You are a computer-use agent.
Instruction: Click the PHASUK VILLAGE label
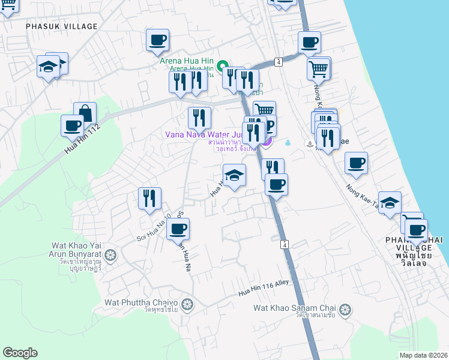(61, 26)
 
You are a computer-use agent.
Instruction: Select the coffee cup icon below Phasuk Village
(158, 40)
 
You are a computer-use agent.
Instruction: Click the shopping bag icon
(85, 113)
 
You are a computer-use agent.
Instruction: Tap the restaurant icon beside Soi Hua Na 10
(149, 198)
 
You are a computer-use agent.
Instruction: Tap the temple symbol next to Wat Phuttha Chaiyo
(187, 304)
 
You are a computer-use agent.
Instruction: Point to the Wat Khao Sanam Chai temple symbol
(345, 310)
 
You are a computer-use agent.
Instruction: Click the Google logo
(20, 353)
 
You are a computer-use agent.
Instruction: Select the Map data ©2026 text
(423, 355)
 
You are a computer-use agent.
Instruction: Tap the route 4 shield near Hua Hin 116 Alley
(284, 244)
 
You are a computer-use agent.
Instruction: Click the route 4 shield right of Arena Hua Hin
(279, 62)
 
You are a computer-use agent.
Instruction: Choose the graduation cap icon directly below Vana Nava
(234, 176)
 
